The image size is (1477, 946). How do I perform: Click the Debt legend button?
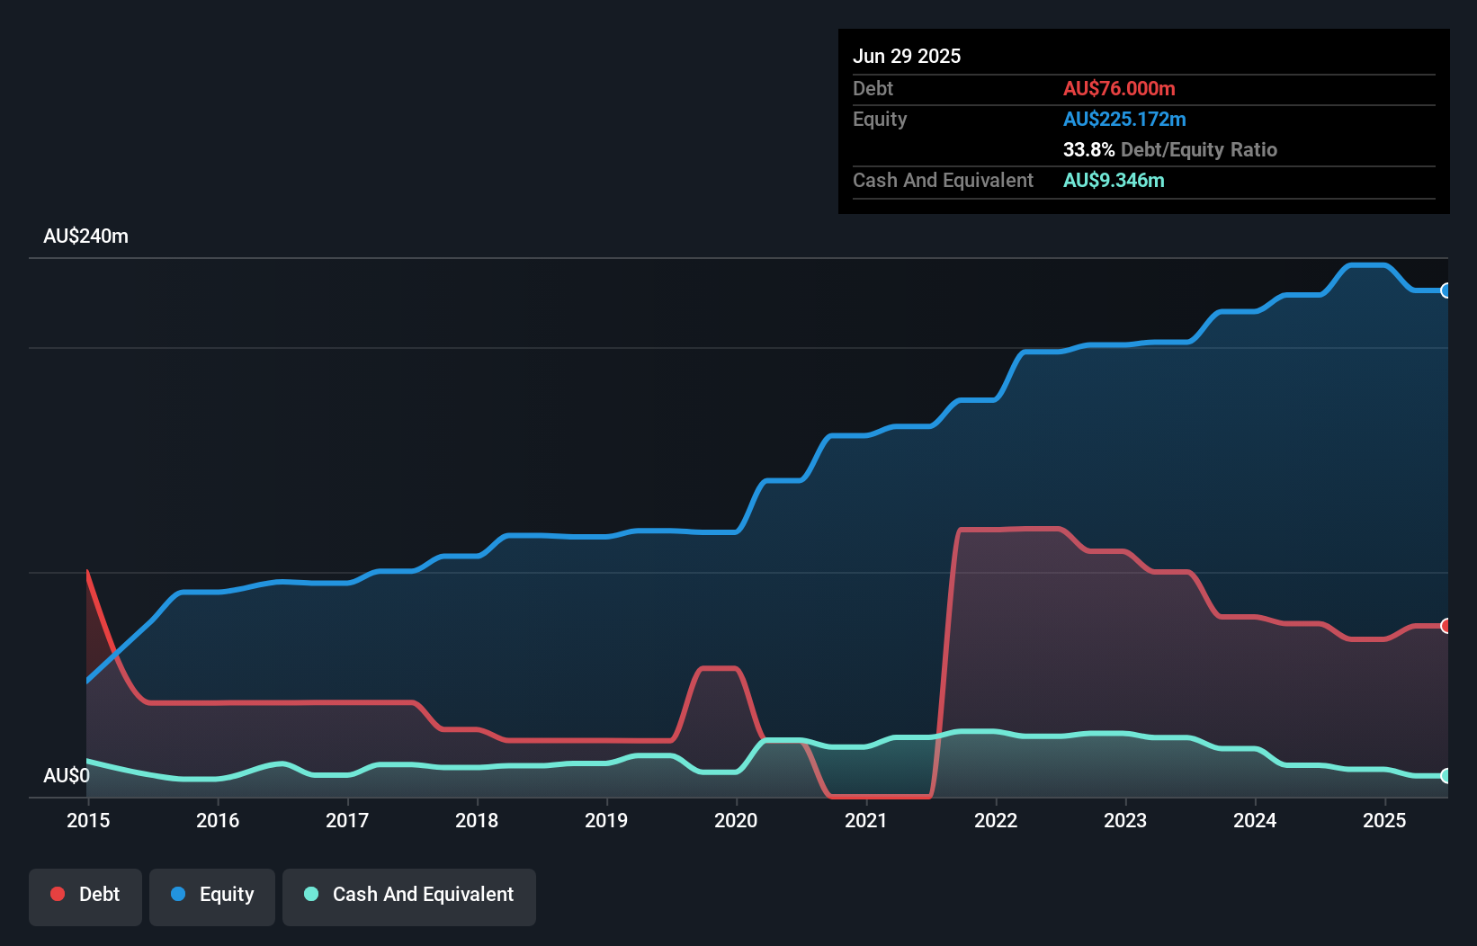tap(85, 896)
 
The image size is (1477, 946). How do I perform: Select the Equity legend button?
tap(212, 896)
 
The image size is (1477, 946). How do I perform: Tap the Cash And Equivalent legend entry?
tap(409, 896)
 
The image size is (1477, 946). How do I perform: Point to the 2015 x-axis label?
tap(88, 820)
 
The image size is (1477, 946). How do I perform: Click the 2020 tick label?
tap(736, 820)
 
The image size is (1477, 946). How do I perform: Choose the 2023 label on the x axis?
tap(1125, 820)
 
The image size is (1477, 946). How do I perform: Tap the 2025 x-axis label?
tap(1384, 820)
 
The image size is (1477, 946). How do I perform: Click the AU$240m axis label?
tap(85, 236)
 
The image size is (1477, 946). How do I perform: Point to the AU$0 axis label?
tap(67, 775)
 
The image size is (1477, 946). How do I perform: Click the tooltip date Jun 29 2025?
tap(907, 56)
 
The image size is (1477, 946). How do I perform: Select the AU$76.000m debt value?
tap(1119, 88)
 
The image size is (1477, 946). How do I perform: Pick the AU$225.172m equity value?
tap(1124, 119)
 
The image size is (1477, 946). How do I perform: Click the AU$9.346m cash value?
tap(1114, 180)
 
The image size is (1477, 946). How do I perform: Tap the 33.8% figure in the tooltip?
tap(1088, 149)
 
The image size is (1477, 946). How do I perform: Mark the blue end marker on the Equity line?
tap(1446, 290)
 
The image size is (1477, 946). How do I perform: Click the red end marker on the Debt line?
tap(1446, 626)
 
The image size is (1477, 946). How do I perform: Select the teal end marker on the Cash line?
tap(1446, 775)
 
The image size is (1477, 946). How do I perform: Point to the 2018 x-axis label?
tap(477, 820)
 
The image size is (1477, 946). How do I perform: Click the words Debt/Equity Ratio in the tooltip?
tap(1199, 149)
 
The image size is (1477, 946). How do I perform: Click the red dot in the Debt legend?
tap(58, 894)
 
